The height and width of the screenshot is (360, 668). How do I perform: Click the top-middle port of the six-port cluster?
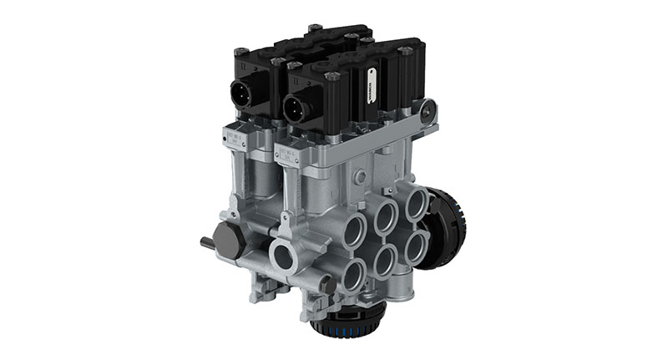[x=387, y=215]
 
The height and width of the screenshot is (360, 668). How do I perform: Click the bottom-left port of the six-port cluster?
[x=355, y=273]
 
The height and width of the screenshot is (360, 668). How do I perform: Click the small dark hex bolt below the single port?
[x=328, y=284]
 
